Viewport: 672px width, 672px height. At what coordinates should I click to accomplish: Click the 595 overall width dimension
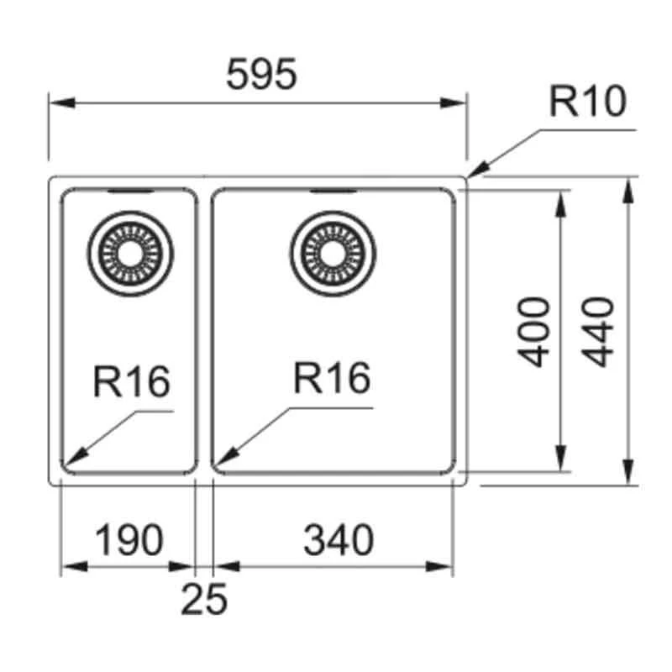(x=261, y=76)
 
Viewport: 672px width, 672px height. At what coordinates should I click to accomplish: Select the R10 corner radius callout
(x=587, y=102)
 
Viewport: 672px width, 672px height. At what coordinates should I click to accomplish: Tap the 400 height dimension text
(x=534, y=332)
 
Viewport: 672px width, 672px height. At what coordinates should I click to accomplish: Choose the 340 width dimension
(x=338, y=540)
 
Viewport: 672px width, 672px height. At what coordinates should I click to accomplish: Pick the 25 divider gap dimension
(x=204, y=599)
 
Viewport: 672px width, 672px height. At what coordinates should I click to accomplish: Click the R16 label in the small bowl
(x=131, y=382)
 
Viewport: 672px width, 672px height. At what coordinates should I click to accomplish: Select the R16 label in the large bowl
(x=332, y=379)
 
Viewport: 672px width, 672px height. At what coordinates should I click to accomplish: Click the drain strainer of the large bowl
(x=333, y=252)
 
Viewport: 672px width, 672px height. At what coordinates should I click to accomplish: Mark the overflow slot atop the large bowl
(x=333, y=192)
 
